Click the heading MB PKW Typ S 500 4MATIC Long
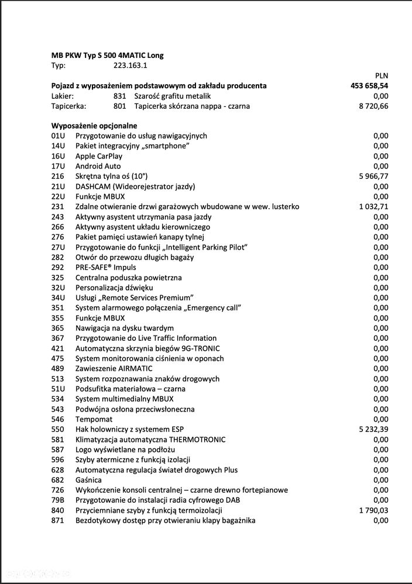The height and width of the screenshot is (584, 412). [x=108, y=56]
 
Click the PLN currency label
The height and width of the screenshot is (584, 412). [x=381, y=75]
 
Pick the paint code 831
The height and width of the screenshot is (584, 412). [x=120, y=96]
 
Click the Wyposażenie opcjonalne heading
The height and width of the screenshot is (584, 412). [x=94, y=126]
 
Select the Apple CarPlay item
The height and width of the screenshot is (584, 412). [x=99, y=156]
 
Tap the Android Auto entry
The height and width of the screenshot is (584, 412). [x=98, y=166]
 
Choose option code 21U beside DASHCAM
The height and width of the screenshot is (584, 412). [x=58, y=186]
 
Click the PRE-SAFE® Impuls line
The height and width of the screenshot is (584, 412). [x=105, y=267]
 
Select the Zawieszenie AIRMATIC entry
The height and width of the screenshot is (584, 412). [x=114, y=368]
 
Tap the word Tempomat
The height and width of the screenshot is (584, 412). [x=94, y=419]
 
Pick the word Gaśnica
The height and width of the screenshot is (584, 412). [x=88, y=480]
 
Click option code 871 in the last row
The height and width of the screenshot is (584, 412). [x=57, y=520]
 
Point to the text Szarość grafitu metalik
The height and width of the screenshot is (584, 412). [x=172, y=96]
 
